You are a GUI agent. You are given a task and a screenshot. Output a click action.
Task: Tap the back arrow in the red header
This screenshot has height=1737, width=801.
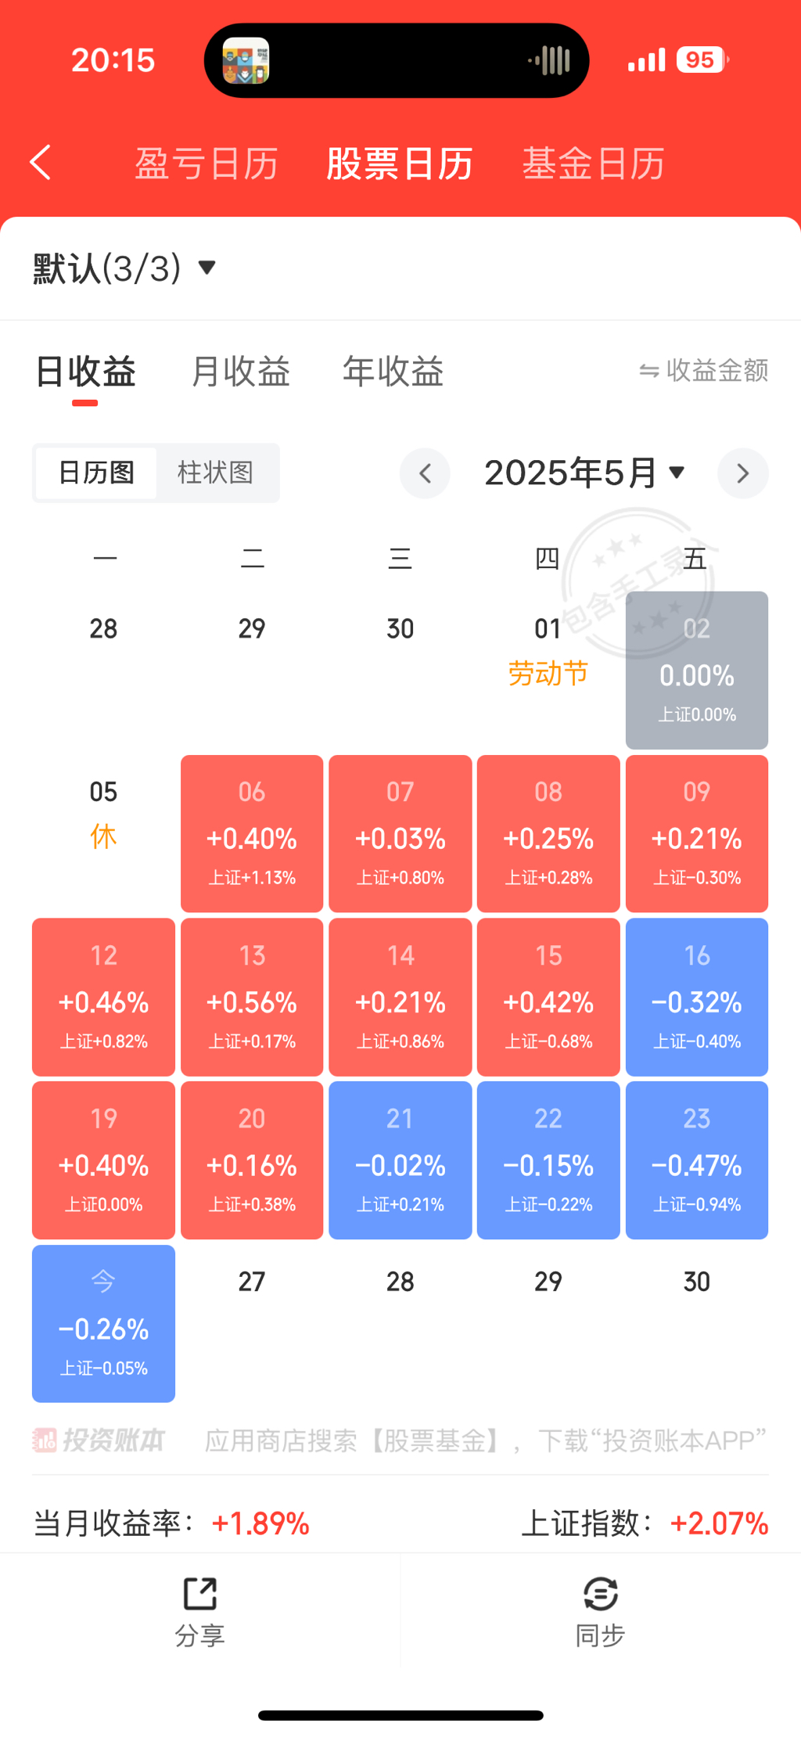pyautogui.click(x=41, y=163)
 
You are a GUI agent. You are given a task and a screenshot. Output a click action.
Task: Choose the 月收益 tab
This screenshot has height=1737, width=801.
pyautogui.click(x=240, y=371)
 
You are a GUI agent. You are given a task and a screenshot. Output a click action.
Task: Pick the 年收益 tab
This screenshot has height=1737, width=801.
pyautogui.click(x=393, y=371)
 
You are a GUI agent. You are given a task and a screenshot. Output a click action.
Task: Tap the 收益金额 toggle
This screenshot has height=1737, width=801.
pyautogui.click(x=703, y=371)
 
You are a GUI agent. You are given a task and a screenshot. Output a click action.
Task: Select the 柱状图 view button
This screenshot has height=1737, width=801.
pyautogui.click(x=215, y=473)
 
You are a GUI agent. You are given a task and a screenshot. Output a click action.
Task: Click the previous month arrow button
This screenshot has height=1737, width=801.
pyautogui.click(x=425, y=473)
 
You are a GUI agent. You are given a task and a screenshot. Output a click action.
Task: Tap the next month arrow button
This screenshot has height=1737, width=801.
pyautogui.click(x=742, y=473)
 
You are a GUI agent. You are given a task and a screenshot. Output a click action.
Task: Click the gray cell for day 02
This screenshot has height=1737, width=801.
pyautogui.click(x=696, y=671)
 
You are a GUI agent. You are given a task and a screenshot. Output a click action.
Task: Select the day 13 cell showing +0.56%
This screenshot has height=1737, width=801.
pyautogui.click(x=252, y=997)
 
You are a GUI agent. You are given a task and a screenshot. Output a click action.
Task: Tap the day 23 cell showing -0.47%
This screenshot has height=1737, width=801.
pyautogui.click(x=696, y=1160)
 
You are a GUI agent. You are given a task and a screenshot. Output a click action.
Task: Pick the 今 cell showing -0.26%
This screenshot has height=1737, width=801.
pyautogui.click(x=103, y=1323)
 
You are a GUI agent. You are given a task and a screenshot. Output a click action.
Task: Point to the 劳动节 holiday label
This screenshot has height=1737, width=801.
pyautogui.click(x=548, y=674)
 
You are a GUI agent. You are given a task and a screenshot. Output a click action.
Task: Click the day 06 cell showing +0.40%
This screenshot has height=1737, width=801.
pyautogui.click(x=252, y=834)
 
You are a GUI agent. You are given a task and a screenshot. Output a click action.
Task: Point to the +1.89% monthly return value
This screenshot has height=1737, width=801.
pyautogui.click(x=260, y=1523)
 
